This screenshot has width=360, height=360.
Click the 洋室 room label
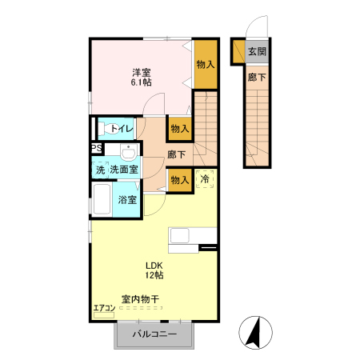pos(141,72)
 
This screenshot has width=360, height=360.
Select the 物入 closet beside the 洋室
pos(206,62)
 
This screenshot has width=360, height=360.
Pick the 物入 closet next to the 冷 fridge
pos(178,180)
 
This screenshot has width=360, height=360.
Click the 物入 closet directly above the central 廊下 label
pos(178,128)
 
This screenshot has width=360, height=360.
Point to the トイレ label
pos(122,128)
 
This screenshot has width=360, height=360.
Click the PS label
pos(96,148)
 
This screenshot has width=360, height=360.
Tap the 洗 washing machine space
pos(99,170)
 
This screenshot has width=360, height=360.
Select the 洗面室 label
pos(124,170)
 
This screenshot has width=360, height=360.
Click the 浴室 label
pos(126,199)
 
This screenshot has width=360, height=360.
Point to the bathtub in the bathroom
pos(102,199)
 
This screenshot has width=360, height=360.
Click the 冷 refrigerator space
pos(205,179)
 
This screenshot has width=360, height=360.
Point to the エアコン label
pos(105,306)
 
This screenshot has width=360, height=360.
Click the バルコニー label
pos(155,334)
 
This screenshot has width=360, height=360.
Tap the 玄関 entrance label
pos(256,53)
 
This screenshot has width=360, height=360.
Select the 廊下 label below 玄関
pos(256,78)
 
